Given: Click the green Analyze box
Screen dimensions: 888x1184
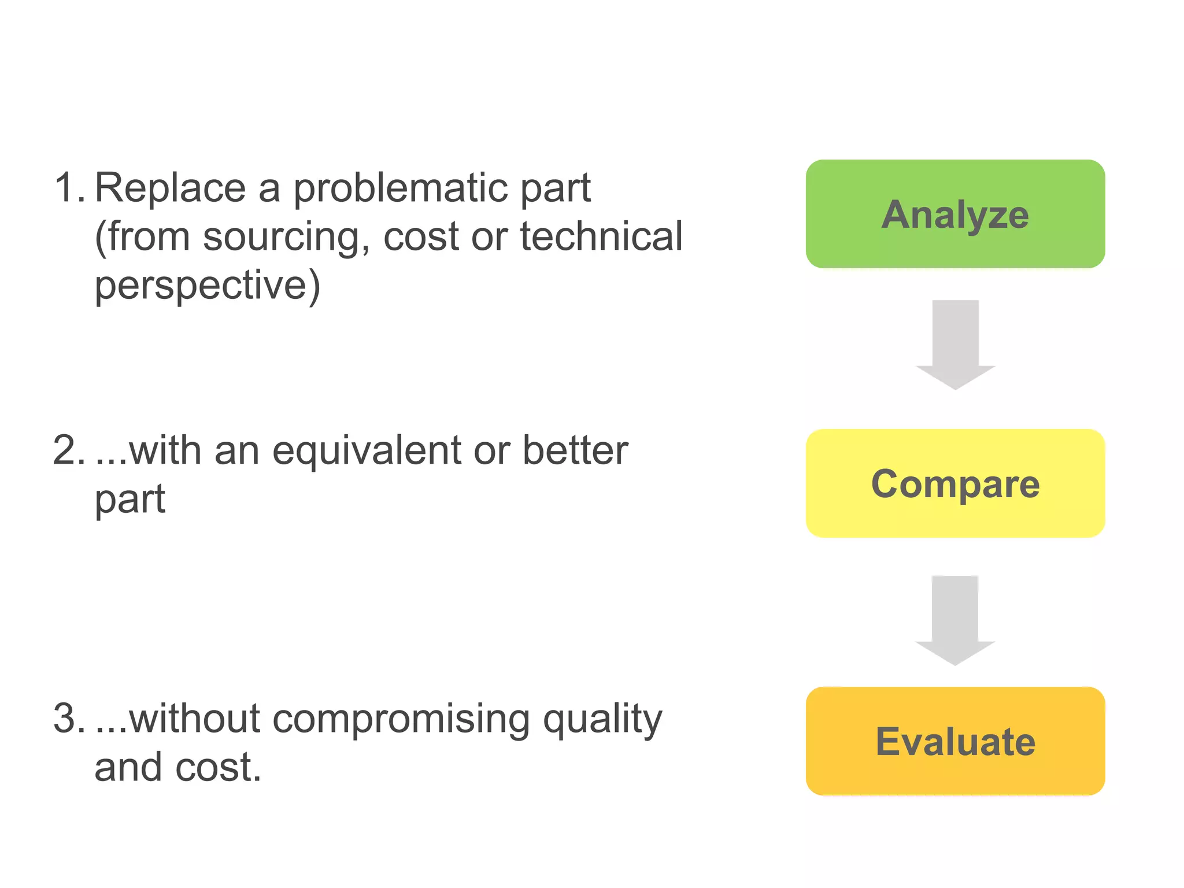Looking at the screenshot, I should [955, 214].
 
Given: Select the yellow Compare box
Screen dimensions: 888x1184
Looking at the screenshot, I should [955, 483].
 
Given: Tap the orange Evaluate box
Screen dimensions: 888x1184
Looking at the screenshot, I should [955, 741].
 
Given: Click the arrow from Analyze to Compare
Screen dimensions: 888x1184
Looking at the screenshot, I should [955, 345].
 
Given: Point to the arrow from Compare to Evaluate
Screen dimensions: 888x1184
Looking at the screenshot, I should [955, 620].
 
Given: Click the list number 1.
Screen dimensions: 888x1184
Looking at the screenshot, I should [68, 188].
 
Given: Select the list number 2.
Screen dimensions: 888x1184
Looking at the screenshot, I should [68, 451].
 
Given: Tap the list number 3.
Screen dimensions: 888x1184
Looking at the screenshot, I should [68, 719].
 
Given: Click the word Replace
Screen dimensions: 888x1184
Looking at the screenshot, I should [170, 188].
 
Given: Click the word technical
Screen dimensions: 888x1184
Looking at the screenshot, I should [601, 236].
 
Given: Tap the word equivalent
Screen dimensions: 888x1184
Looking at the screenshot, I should [367, 452].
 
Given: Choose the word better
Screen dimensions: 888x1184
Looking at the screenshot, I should [575, 450].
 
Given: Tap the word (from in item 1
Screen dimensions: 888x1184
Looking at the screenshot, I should [142, 236].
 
